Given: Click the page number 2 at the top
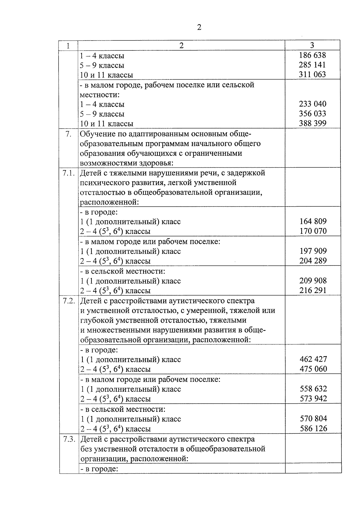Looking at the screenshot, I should (199, 28).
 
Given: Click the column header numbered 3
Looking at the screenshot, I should (312, 45).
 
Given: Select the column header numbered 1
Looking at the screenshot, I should (68, 46).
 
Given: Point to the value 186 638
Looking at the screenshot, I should (312, 55).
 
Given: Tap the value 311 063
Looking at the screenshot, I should (312, 74).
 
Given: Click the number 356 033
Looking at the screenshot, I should (313, 113).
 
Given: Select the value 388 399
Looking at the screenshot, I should (313, 123).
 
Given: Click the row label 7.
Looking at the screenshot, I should (68, 134).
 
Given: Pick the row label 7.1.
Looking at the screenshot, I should (69, 173).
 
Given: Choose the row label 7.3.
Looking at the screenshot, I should (69, 439).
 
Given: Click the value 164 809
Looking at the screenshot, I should (313, 221).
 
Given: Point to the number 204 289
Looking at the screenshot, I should (313, 261).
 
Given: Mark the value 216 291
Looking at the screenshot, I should (313, 290).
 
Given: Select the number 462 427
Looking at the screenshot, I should (313, 359).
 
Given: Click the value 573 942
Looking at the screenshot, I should (313, 398).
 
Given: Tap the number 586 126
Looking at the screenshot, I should (313, 428).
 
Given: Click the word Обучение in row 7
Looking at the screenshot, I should (97, 134).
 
